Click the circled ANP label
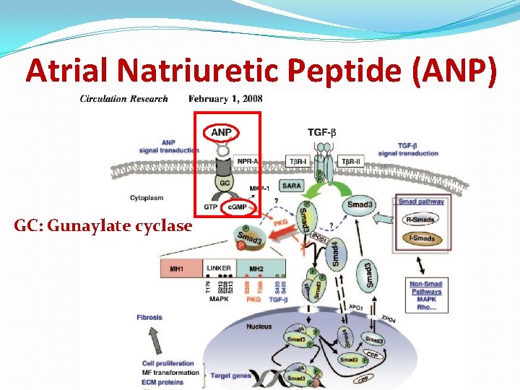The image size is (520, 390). coord(222,132)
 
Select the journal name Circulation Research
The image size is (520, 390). coord(123,99)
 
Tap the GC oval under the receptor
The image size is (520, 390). coord(225,183)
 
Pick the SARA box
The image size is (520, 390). coord(292,186)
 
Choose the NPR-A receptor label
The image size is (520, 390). coord(250,160)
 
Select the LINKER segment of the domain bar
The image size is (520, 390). coord(220,269)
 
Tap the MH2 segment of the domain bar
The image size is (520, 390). coord(256,269)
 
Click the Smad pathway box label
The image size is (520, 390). coord(421,201)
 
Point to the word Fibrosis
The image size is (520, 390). coord(149,317)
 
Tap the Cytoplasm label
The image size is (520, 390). coord(147,197)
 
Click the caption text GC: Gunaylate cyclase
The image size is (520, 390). coord(103,225)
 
